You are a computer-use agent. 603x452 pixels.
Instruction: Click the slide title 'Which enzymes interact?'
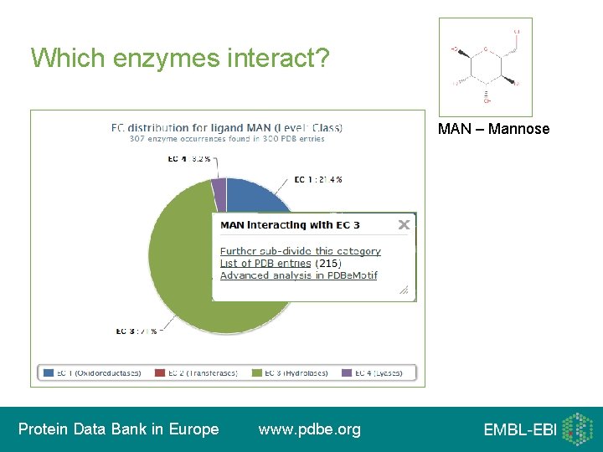tap(180, 58)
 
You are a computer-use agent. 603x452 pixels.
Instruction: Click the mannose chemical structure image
tap(485, 67)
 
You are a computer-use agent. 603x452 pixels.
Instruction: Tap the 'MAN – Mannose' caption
tap(493, 129)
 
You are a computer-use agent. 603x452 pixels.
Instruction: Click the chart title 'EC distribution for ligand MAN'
tap(227, 128)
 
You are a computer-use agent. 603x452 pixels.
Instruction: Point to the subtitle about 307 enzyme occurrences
tap(227, 139)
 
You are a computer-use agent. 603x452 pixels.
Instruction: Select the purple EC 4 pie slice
tap(219, 195)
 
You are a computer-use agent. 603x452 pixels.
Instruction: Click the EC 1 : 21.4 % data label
tap(317, 180)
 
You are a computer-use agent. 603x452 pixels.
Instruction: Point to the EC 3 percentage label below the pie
tap(137, 331)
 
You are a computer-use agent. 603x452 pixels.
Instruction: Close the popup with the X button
tap(404, 224)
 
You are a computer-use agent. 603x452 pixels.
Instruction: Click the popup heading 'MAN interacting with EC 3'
tap(290, 225)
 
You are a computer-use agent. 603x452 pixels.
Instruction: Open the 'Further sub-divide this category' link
tap(300, 251)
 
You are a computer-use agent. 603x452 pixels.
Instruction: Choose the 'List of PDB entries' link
tap(265, 263)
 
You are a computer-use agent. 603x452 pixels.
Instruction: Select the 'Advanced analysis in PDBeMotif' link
tap(298, 275)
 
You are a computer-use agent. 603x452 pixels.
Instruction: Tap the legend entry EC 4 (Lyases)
tap(378, 372)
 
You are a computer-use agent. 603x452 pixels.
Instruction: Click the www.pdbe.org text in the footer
tap(310, 429)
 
